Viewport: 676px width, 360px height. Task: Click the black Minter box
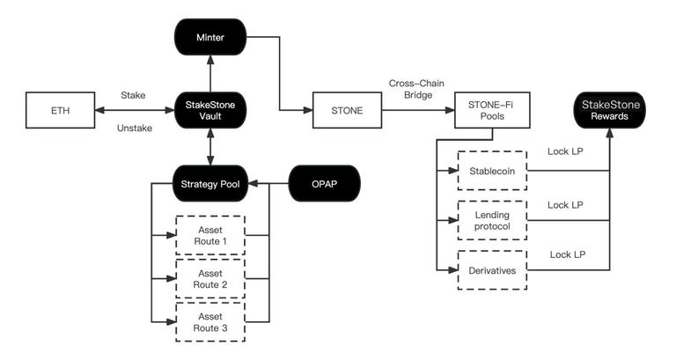coord(210,38)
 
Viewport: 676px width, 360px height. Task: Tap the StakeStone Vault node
coord(210,112)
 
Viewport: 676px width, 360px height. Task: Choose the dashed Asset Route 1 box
coord(209,235)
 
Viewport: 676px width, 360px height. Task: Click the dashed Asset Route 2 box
coord(209,279)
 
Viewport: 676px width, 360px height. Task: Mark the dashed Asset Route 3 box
coord(209,322)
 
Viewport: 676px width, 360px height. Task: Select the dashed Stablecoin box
coord(492,171)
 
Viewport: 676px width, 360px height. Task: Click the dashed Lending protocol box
coord(492,221)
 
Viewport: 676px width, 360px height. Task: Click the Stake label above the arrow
coord(132,93)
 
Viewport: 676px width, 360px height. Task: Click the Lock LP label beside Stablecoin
coord(563,152)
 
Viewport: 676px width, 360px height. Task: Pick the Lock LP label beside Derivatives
coord(568,254)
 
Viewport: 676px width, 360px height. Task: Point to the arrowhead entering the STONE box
coord(310,111)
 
